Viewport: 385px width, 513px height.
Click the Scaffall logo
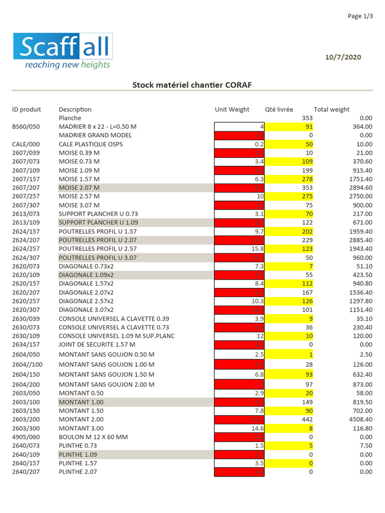pyautogui.click(x=63, y=47)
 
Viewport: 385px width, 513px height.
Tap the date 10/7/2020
pyautogui.click(x=343, y=57)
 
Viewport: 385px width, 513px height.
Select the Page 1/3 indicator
pyautogui.click(x=360, y=17)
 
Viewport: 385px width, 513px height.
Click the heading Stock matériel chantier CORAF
pyautogui.click(x=192, y=85)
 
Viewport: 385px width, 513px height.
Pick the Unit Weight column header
pyautogui.click(x=232, y=109)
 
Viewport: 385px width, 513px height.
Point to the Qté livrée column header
pyautogui.click(x=279, y=109)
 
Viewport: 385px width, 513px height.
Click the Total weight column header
pyautogui.click(x=331, y=109)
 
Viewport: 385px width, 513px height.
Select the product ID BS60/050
pyautogui.click(x=26, y=127)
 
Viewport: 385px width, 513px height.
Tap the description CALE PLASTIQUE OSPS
pyautogui.click(x=91, y=144)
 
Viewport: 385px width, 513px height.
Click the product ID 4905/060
pyautogui.click(x=26, y=437)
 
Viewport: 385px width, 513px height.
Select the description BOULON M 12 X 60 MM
pyautogui.click(x=93, y=437)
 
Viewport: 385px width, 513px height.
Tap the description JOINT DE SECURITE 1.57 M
pyautogui.click(x=97, y=345)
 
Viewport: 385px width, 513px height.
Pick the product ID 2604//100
pyautogui.click(x=27, y=364)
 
